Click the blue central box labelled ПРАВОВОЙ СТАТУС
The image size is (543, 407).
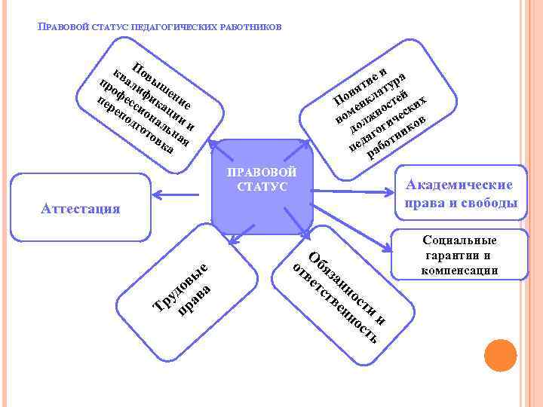click(x=261, y=188)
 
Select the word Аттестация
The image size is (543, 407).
click(x=80, y=209)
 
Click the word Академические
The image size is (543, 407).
click(x=460, y=185)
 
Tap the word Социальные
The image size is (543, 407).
click(x=460, y=240)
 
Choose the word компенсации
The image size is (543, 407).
click(x=460, y=269)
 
